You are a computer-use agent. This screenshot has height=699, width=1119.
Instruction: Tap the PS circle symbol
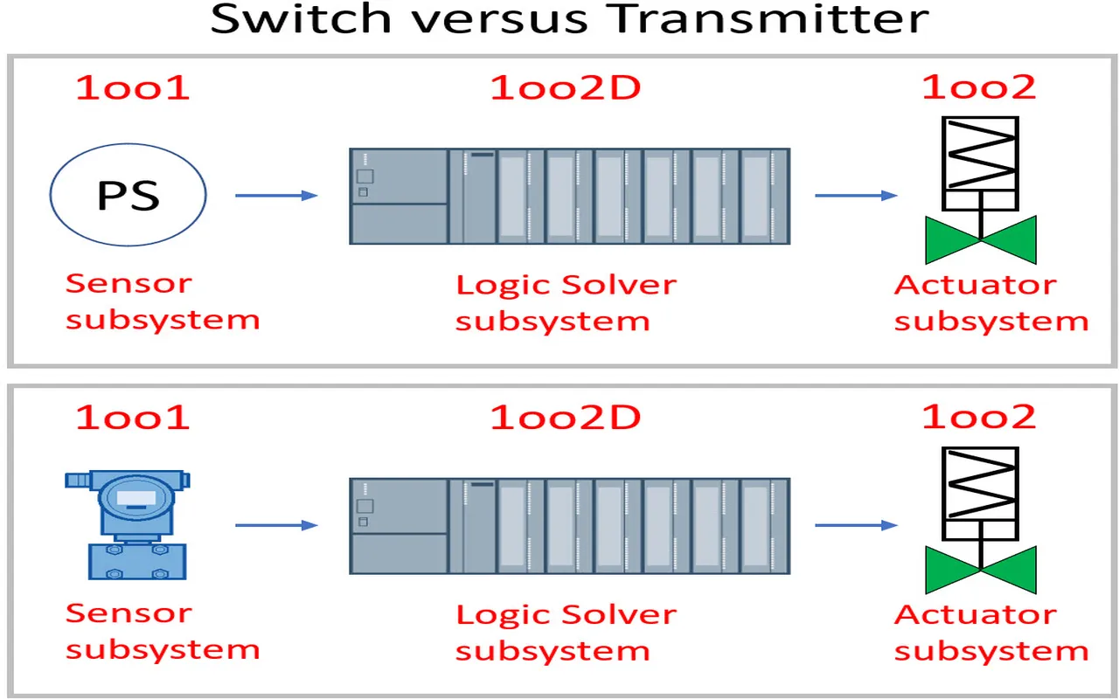click(129, 195)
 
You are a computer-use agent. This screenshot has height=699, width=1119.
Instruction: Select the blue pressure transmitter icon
click(128, 524)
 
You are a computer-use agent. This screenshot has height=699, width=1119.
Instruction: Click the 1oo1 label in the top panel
click(132, 87)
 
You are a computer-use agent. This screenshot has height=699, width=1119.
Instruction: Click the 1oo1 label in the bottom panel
click(132, 417)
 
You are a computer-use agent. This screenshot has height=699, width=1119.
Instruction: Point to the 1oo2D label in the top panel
click(566, 87)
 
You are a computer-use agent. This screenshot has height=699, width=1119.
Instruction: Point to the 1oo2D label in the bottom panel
click(566, 417)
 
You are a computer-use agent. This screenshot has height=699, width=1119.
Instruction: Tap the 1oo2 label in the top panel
click(979, 87)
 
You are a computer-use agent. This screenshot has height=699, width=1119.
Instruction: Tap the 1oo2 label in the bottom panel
click(979, 417)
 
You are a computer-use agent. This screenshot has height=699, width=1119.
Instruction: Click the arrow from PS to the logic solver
click(276, 196)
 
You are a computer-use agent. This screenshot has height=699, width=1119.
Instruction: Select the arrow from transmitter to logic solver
click(276, 525)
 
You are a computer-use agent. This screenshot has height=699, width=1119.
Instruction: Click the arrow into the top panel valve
click(856, 196)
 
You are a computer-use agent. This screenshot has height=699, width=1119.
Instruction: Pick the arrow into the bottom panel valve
click(856, 525)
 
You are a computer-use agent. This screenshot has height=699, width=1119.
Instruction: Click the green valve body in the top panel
click(981, 240)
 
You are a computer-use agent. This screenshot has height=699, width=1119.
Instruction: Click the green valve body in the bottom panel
click(981, 570)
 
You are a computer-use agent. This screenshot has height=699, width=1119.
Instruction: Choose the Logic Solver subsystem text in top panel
click(566, 302)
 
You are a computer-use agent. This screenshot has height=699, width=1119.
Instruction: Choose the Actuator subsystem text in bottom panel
click(990, 633)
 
